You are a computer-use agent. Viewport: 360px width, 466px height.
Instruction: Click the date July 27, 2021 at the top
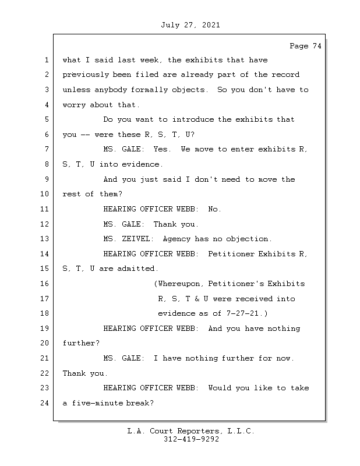(190, 25)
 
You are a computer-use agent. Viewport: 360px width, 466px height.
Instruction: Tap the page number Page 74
(305, 46)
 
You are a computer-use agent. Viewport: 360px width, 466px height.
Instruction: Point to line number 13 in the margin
(45, 239)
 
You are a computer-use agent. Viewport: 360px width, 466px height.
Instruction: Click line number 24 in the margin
(45, 403)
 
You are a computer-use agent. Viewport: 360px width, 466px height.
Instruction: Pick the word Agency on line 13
(177, 239)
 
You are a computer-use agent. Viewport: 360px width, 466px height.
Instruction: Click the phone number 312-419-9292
(191, 440)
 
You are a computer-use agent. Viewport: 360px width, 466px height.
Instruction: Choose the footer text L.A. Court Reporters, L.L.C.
(191, 431)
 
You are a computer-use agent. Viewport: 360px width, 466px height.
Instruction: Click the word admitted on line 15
(138, 269)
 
